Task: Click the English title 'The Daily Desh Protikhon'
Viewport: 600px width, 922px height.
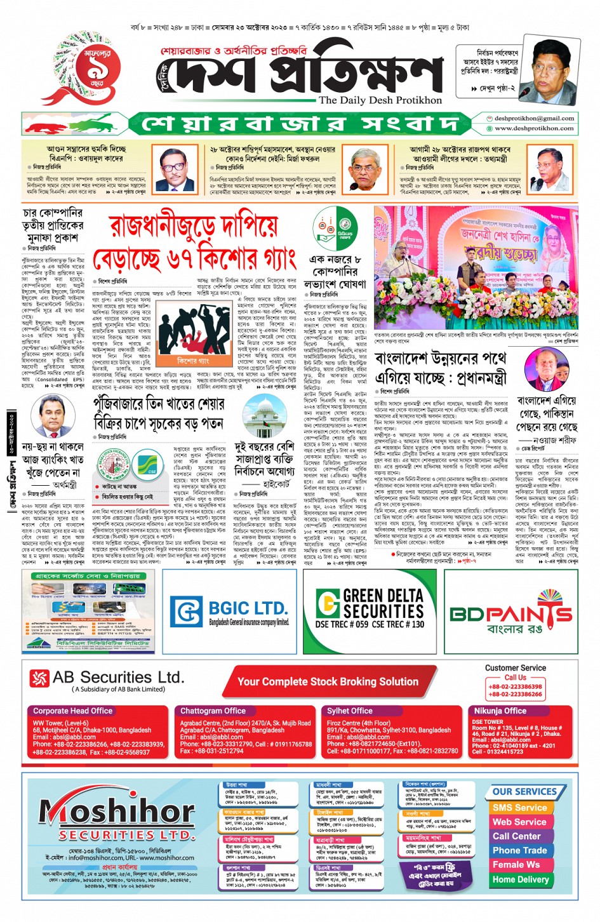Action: coord(380,100)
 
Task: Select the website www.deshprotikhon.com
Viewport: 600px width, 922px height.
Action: coord(534,128)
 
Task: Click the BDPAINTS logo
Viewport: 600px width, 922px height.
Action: coord(511,613)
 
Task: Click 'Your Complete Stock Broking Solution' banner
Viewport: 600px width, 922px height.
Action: coord(328,681)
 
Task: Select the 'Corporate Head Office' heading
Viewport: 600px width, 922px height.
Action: coord(72,711)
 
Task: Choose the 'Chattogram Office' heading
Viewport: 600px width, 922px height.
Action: coord(213,711)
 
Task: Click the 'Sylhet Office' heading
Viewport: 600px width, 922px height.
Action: coord(349,711)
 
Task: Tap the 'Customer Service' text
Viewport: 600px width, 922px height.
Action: coord(515,668)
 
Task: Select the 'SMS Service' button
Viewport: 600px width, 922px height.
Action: coord(519,808)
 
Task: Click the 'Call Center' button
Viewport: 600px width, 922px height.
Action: coord(517,836)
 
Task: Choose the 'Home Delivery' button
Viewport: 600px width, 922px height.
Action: coord(521,879)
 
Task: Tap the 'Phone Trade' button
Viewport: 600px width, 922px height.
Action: coord(519,850)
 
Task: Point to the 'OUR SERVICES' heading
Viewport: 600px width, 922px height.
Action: coord(524,792)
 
